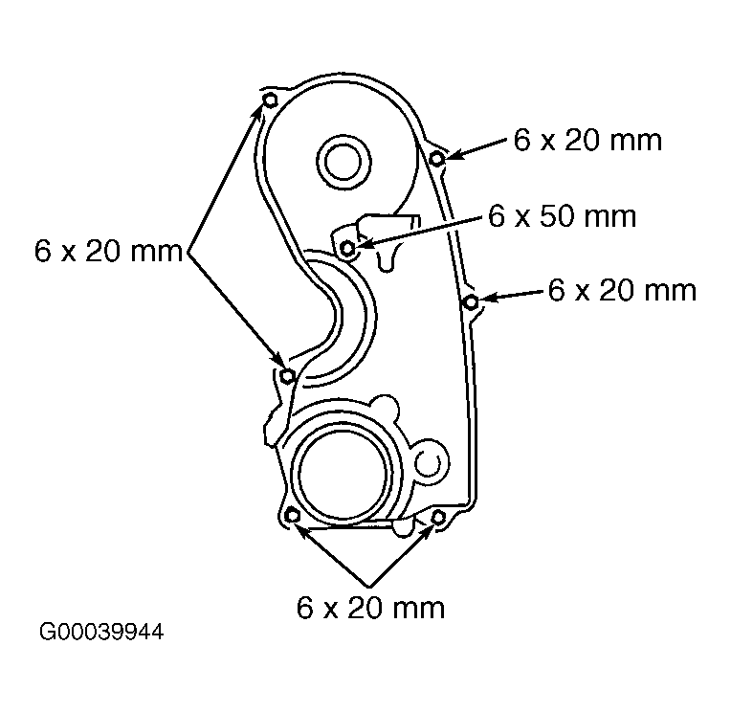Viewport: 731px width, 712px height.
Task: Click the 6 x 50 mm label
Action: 562,216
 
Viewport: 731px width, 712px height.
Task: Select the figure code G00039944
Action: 101,633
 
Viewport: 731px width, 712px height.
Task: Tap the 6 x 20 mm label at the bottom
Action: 370,608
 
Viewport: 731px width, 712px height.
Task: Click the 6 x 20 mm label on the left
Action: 108,252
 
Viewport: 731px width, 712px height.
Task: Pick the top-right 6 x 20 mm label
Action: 587,140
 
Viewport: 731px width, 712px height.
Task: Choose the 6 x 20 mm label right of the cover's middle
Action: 622,290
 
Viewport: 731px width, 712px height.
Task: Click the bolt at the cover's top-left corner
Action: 271,100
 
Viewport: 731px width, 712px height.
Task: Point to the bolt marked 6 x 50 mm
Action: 347,248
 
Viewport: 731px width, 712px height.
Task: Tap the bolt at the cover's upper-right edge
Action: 437,159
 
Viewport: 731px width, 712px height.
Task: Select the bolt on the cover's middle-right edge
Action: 472,302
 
